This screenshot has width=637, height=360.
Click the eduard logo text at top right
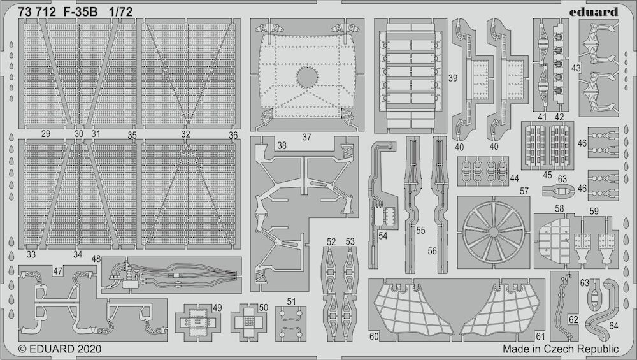point(593,11)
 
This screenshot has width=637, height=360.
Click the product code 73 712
point(36,12)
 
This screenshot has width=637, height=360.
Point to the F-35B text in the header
point(80,12)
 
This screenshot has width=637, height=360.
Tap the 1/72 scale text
point(120,12)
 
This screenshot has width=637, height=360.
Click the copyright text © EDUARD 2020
point(60,349)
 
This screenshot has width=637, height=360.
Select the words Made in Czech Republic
point(560,349)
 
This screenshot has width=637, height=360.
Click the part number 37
point(307,138)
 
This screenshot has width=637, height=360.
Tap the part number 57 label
point(524,191)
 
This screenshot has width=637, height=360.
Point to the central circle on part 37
point(307,77)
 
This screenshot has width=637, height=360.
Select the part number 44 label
point(514,178)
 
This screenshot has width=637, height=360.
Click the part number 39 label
point(452,78)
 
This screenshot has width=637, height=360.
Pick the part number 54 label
point(383,236)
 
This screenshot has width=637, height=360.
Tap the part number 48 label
point(96,259)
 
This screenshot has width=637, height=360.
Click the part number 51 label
point(291,301)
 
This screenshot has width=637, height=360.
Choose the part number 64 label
point(613,325)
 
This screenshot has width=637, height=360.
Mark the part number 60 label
point(374,336)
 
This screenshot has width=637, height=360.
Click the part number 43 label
point(576,68)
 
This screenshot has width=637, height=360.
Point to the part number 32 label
point(185,134)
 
